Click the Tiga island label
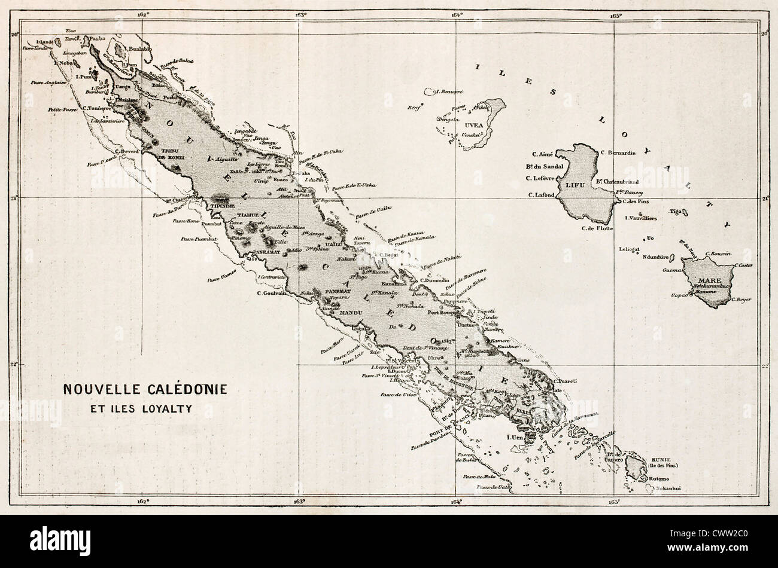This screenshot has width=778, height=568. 676,211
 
